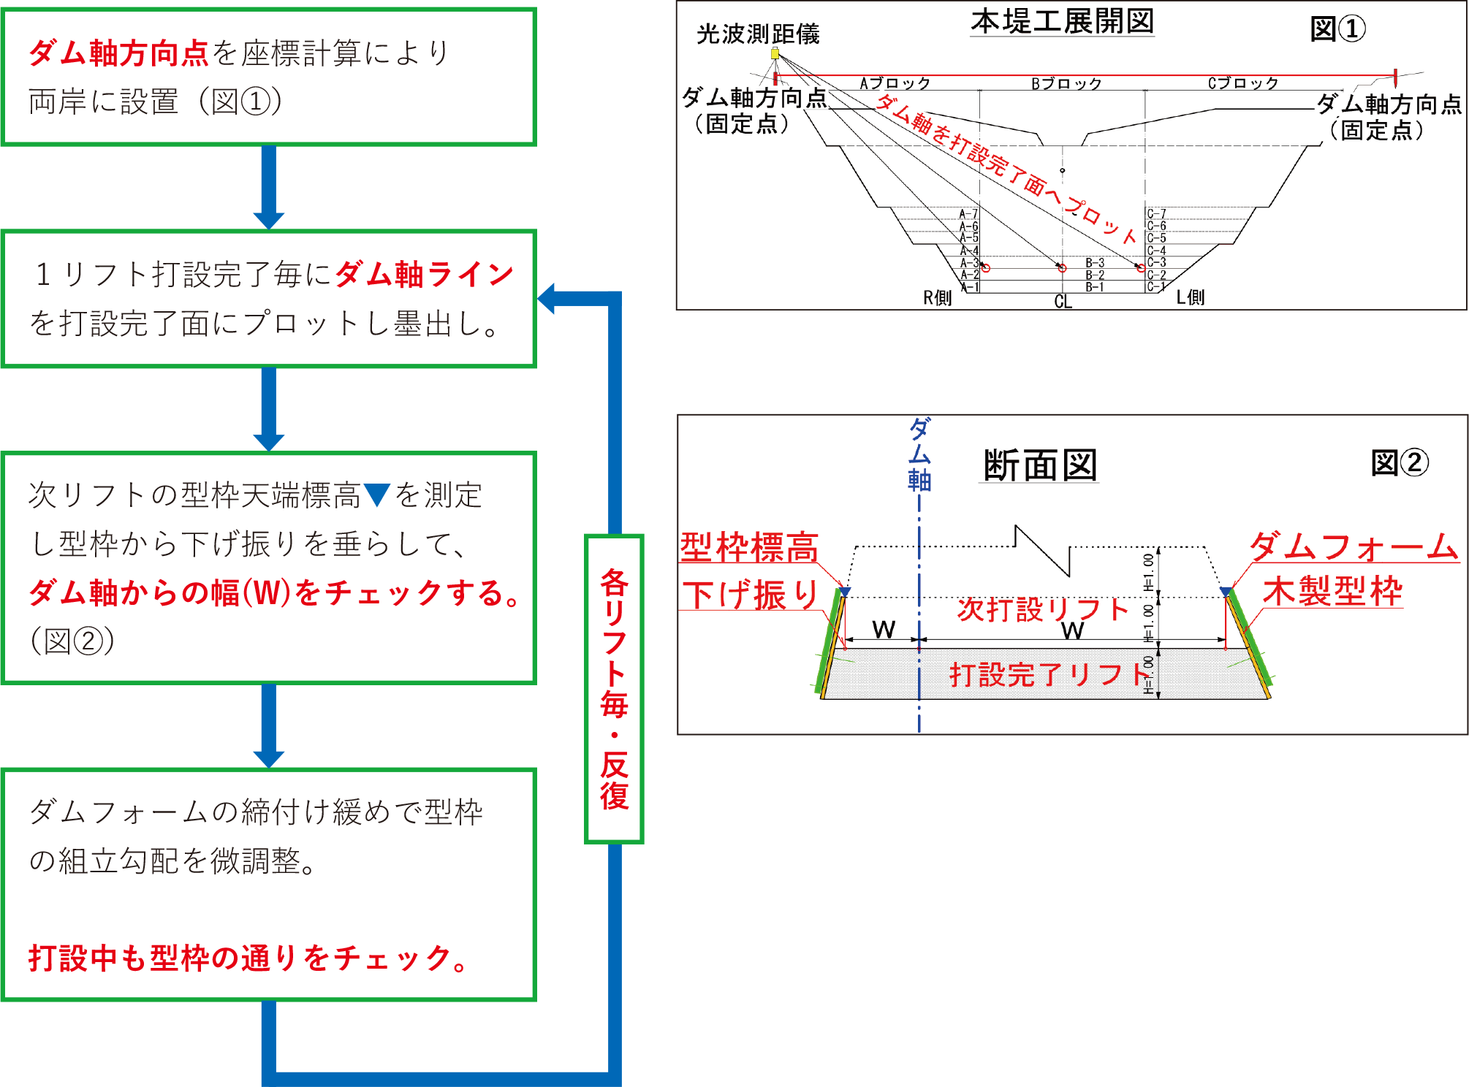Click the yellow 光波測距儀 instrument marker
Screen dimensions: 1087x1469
775,53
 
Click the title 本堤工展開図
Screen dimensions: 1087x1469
1062,22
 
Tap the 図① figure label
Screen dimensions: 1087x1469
1337,29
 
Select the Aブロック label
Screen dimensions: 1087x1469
895,83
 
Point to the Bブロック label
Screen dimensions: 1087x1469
1066,84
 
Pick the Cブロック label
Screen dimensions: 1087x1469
1242,83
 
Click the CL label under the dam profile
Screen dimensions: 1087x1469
1063,302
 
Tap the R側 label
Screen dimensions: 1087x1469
937,298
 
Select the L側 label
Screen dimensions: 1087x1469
1190,297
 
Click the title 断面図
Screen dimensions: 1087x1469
1039,465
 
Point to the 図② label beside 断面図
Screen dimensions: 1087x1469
1399,462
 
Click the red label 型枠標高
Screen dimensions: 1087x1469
749,547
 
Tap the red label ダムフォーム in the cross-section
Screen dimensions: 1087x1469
1354,546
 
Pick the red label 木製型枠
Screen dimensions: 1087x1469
1332,591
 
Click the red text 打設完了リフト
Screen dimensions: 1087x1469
1049,674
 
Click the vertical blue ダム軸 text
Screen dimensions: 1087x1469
919,454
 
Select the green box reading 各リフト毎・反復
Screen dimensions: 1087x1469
614,689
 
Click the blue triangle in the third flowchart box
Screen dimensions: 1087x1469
377,495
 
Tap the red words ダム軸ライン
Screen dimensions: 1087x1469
425,275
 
